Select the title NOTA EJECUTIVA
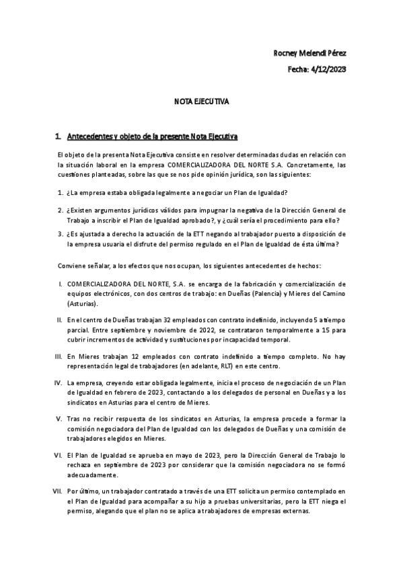202,102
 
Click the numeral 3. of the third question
61,233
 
